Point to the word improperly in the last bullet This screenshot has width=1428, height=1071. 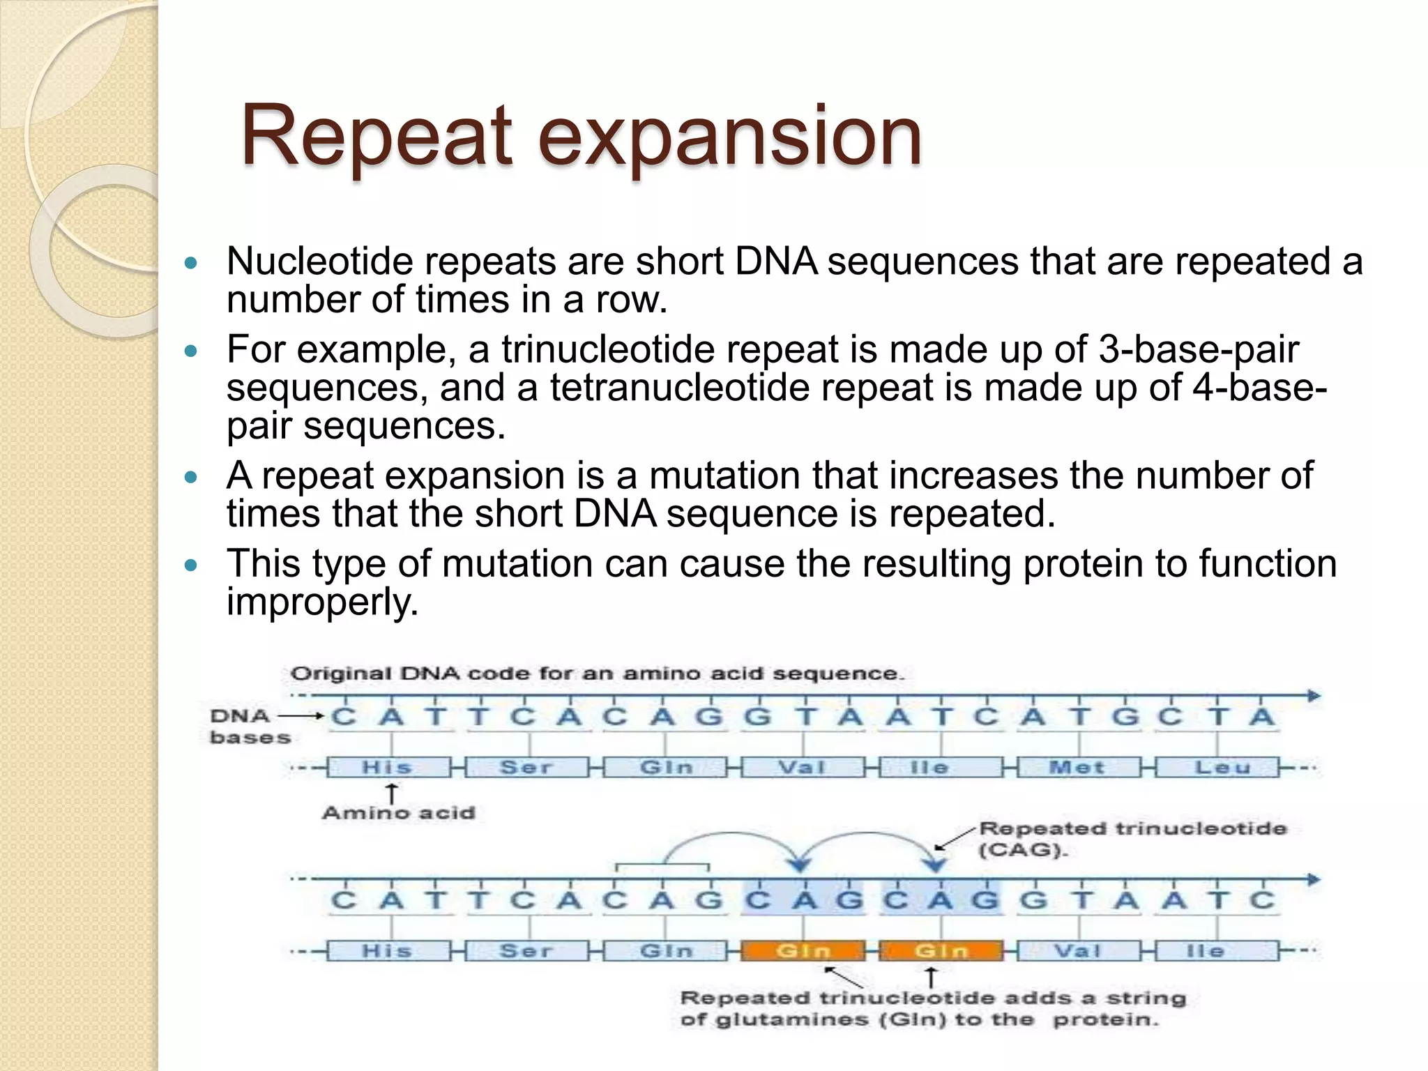click(322, 602)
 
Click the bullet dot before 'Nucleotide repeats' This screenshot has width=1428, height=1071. click(191, 263)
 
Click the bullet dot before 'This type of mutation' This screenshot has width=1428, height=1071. click(191, 565)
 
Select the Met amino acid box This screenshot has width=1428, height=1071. click(1077, 768)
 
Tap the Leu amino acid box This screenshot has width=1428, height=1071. click(1216, 768)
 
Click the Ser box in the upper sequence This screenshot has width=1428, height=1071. click(526, 768)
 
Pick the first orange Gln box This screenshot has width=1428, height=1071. click(803, 951)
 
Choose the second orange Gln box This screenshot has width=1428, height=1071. click(941, 951)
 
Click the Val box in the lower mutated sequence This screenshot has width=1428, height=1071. click(1078, 951)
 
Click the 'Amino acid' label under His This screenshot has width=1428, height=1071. click(398, 813)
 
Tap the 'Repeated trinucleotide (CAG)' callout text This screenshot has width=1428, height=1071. click(1131, 839)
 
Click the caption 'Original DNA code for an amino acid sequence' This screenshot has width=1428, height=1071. click(597, 674)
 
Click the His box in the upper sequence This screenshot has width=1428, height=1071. click(388, 768)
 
